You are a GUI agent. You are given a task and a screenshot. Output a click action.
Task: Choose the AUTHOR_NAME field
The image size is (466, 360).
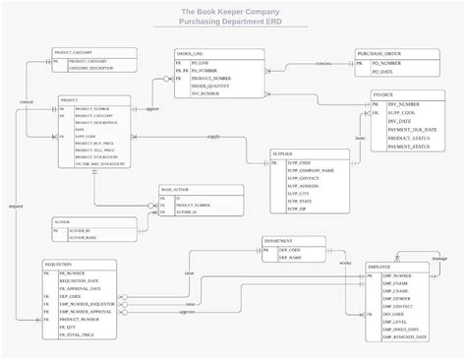click(x=85, y=237)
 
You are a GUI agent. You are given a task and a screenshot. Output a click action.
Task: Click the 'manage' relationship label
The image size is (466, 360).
click(x=439, y=258)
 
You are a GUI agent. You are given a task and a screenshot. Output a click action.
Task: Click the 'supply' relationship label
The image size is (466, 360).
click(x=213, y=137)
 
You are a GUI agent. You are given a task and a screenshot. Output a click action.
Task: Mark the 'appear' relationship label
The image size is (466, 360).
click(x=152, y=109)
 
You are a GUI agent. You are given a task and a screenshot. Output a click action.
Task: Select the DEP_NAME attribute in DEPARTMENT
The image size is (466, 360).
click(x=288, y=258)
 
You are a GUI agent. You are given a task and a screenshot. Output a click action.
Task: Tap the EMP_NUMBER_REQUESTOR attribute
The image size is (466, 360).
click(x=90, y=304)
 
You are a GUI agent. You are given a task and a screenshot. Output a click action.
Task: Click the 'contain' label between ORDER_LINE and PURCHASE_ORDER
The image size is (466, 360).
click(x=322, y=64)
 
